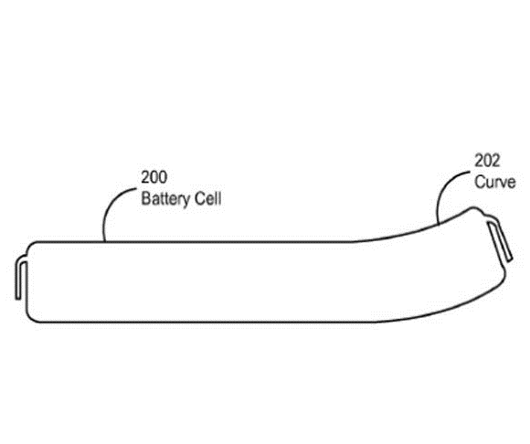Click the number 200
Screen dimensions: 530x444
tap(154, 177)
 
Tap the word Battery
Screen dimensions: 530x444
tap(164, 198)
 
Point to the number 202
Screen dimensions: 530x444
tap(487, 161)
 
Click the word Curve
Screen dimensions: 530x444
tap(495, 182)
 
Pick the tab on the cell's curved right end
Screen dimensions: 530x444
tap(500, 239)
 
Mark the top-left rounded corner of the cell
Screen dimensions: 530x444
tap(30, 245)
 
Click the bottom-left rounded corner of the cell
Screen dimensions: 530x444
tap(30, 318)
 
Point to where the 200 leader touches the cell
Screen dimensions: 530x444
tap(104, 241)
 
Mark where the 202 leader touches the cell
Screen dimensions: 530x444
tap(438, 223)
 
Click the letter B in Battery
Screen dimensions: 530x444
tap(145, 198)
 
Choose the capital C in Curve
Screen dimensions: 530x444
tap(480, 182)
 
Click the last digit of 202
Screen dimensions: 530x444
tap(495, 161)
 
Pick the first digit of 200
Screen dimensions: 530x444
tap(145, 177)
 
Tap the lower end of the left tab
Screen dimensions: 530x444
tap(17, 298)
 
